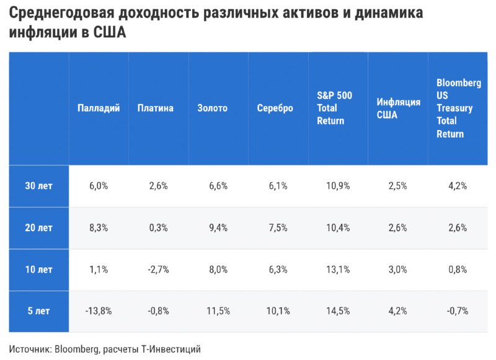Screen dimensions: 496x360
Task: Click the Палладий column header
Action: pos(99,108)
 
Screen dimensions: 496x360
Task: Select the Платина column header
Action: pos(156,108)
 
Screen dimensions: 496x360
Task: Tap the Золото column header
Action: pos(212,108)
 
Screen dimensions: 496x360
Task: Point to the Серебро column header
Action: pos(275,108)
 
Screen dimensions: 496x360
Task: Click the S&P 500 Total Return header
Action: pos(334,108)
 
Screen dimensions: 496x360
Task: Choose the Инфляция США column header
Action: pos(398,108)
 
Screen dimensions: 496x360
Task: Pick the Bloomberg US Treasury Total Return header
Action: pos(459,108)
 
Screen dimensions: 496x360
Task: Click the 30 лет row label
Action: pos(38,185)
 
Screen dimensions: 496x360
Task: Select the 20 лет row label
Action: pos(38,227)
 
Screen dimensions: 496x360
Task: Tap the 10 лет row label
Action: pos(38,270)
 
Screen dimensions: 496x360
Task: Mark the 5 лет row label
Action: pos(38,311)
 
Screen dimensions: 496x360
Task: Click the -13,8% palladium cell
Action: pos(99,311)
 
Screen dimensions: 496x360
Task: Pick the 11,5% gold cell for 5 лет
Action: pos(218,311)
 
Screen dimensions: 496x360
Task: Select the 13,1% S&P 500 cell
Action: pos(338,270)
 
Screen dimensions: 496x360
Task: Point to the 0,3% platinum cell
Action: pos(158,227)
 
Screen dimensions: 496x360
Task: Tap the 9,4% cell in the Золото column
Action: pos(218,227)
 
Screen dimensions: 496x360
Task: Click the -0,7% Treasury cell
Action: pos(458,311)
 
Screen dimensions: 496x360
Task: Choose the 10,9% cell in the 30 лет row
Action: pos(338,185)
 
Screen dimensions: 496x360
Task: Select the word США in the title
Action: pos(110,32)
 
